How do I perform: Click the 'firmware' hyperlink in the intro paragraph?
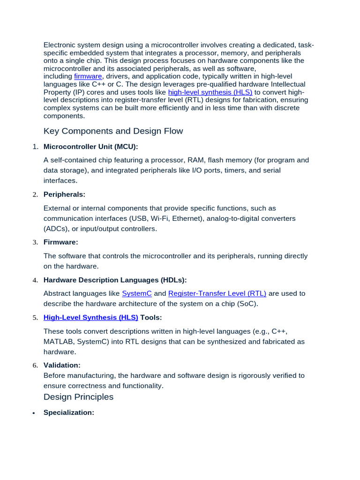[x=88, y=76]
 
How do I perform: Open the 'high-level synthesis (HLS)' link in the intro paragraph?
[x=210, y=92]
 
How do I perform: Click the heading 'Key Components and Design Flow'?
[x=113, y=131]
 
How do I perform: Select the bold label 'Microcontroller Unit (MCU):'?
[x=91, y=147]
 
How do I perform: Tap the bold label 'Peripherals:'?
[x=64, y=194]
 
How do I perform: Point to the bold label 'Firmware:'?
[x=61, y=242]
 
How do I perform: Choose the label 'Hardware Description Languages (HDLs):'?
[x=115, y=280]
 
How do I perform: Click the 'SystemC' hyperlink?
[x=137, y=293]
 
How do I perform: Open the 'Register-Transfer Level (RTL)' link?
[x=217, y=293]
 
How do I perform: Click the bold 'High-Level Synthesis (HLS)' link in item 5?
[x=90, y=317]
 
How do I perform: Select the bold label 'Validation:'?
[x=62, y=365]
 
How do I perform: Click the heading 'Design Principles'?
[x=78, y=397]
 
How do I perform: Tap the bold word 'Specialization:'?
[x=69, y=412]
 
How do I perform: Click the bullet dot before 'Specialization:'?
[x=34, y=413]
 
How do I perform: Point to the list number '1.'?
[x=35, y=147]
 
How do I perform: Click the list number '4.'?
[x=35, y=280]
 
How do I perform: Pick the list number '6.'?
[x=35, y=365]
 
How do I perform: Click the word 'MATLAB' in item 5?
[x=58, y=341]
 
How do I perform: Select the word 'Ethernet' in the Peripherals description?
[x=190, y=218]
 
